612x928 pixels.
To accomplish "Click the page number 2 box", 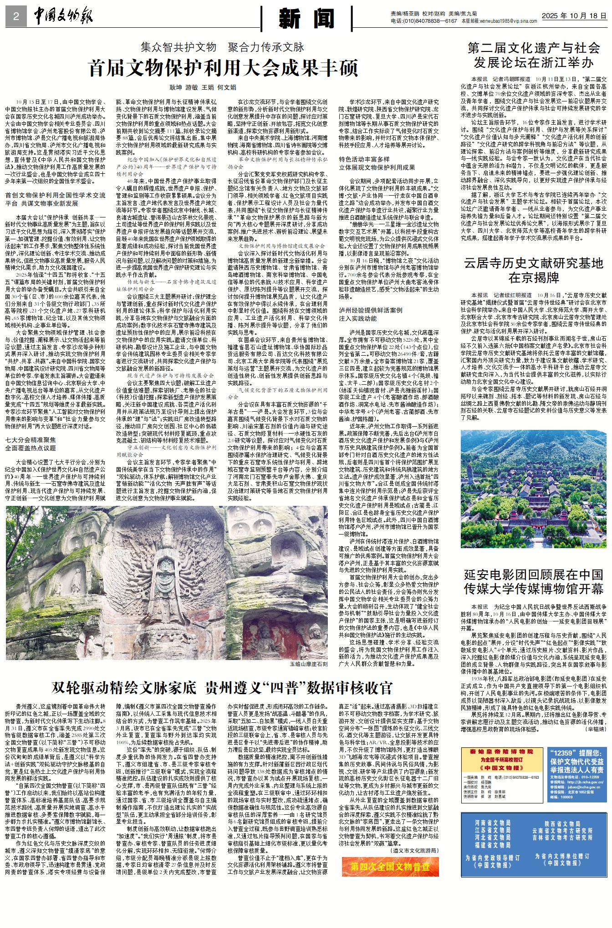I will point(16,17).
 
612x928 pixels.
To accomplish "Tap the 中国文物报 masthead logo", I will point(63,17).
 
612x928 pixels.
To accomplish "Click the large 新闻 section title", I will point(306,19).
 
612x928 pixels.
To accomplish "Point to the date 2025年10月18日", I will point(574,15).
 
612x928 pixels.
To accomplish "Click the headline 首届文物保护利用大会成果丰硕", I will point(223,68).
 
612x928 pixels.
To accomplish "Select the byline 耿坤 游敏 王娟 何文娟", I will point(203,87).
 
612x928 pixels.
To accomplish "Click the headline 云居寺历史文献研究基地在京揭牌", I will point(533,270).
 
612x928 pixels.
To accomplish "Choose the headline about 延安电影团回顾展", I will point(533,581).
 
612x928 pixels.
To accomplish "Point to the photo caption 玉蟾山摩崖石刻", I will point(308,664).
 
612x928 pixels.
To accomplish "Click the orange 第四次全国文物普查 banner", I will point(390,867).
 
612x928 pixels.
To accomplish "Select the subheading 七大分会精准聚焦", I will point(31,440).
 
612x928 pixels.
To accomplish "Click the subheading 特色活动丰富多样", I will point(364,159).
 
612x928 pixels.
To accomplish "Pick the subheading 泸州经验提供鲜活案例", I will point(370,310).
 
